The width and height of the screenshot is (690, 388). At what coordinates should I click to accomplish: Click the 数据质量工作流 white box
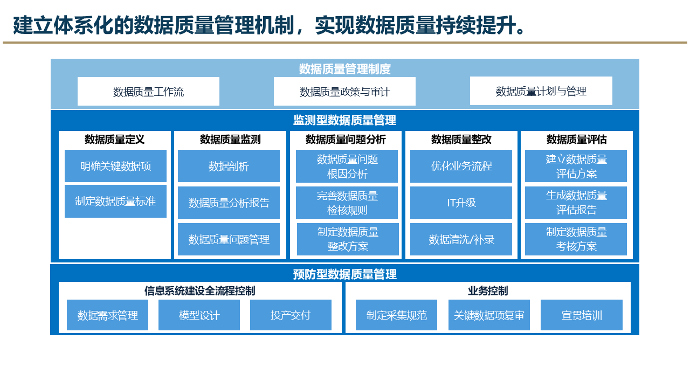pyautogui.click(x=148, y=92)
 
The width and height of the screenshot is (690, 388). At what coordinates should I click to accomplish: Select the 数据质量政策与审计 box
pyautogui.click(x=344, y=92)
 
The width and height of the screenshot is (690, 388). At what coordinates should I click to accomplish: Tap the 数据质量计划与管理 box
pyautogui.click(x=541, y=91)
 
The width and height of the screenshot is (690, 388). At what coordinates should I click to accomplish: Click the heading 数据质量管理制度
pyautogui.click(x=344, y=69)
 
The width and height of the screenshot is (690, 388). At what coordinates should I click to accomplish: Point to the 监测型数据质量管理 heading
pyautogui.click(x=344, y=120)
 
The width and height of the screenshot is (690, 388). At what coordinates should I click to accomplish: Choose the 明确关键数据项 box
pyautogui.click(x=115, y=166)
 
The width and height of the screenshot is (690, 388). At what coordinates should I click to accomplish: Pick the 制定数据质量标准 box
pyautogui.click(x=115, y=201)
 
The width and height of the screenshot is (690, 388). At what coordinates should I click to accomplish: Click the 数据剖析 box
pyautogui.click(x=229, y=166)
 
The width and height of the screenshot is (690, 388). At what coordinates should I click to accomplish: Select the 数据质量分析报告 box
pyautogui.click(x=229, y=203)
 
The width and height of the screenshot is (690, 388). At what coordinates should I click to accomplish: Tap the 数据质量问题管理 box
pyautogui.click(x=229, y=239)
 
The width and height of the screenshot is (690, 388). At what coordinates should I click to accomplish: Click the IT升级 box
pyautogui.click(x=461, y=203)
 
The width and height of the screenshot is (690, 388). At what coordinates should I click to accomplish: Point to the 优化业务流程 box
pyautogui.click(x=461, y=166)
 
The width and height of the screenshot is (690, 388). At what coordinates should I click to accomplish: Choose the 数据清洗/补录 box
pyautogui.click(x=461, y=239)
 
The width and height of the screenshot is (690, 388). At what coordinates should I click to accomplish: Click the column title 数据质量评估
pyautogui.click(x=576, y=140)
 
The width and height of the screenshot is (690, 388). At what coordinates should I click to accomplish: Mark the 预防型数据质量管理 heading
pyautogui.click(x=344, y=274)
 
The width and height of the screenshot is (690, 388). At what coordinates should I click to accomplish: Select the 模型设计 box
pyautogui.click(x=199, y=315)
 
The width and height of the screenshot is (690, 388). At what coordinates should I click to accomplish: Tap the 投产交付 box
pyautogui.click(x=291, y=315)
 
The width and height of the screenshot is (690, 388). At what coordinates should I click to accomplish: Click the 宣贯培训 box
pyautogui.click(x=581, y=315)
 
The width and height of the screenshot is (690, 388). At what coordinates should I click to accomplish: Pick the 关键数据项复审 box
pyautogui.click(x=489, y=315)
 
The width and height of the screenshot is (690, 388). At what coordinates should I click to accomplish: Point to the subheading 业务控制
pyautogui.click(x=487, y=291)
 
